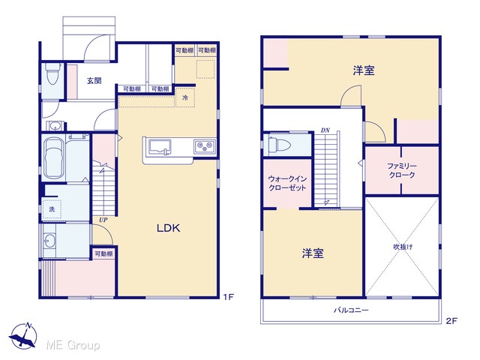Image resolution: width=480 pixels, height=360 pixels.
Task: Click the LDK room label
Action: pyautogui.click(x=168, y=228)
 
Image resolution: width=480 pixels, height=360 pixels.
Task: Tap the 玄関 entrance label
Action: pyautogui.click(x=94, y=81)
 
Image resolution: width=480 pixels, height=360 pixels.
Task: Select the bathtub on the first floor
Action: pyautogui.click(x=54, y=158)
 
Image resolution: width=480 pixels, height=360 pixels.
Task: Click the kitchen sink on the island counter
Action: pyautogui.click(x=160, y=147)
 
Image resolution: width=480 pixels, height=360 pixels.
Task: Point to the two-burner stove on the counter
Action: pyautogui.click(x=205, y=146)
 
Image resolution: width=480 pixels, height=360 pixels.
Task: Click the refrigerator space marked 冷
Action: pyautogui.click(x=185, y=97)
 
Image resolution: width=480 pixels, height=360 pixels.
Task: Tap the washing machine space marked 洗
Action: pyautogui.click(x=52, y=209)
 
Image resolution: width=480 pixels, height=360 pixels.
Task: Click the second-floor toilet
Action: pyautogui.click(x=278, y=144)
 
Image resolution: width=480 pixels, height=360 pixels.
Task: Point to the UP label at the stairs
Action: pyautogui.click(x=103, y=220)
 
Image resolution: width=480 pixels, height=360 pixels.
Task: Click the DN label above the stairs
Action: pyautogui.click(x=325, y=130)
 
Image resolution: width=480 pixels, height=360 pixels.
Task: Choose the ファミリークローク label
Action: pyautogui.click(x=402, y=170)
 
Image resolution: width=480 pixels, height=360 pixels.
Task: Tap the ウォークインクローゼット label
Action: pyautogui.click(x=287, y=183)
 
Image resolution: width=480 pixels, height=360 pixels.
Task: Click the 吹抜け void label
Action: pyautogui.click(x=403, y=247)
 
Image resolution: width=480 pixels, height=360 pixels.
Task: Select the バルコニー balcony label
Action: pyautogui.click(x=351, y=310)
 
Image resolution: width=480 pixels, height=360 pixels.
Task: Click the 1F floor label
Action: pyautogui.click(x=228, y=297)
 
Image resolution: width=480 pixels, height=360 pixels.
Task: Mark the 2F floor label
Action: pyautogui.click(x=451, y=321)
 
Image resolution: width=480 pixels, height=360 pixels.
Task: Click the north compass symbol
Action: pyautogui.click(x=23, y=336)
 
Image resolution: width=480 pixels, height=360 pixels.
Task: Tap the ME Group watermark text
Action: pyautogui.click(x=73, y=345)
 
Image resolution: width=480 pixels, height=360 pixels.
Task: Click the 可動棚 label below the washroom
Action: pyautogui.click(x=103, y=253)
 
